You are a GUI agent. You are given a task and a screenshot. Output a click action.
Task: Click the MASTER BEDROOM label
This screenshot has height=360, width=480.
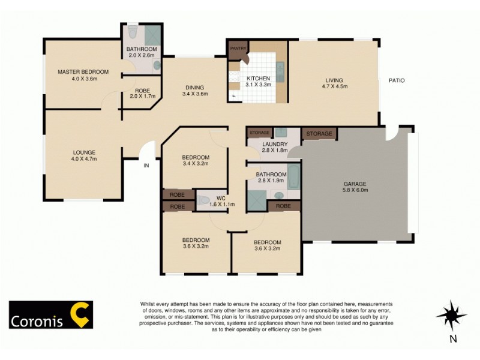point(83,72)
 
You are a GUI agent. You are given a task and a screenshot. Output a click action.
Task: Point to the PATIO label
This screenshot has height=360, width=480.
point(397,80)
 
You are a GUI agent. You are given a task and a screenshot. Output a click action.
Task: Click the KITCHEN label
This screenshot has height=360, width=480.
point(257,78)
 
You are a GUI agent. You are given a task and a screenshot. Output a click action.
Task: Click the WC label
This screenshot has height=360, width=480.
point(220,197)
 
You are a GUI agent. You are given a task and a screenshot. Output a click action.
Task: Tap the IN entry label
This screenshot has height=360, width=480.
point(146,166)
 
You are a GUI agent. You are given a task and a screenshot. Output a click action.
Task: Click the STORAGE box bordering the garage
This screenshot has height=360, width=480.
point(319,133)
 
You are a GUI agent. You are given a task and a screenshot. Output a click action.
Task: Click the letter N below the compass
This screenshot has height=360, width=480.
point(453,338)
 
